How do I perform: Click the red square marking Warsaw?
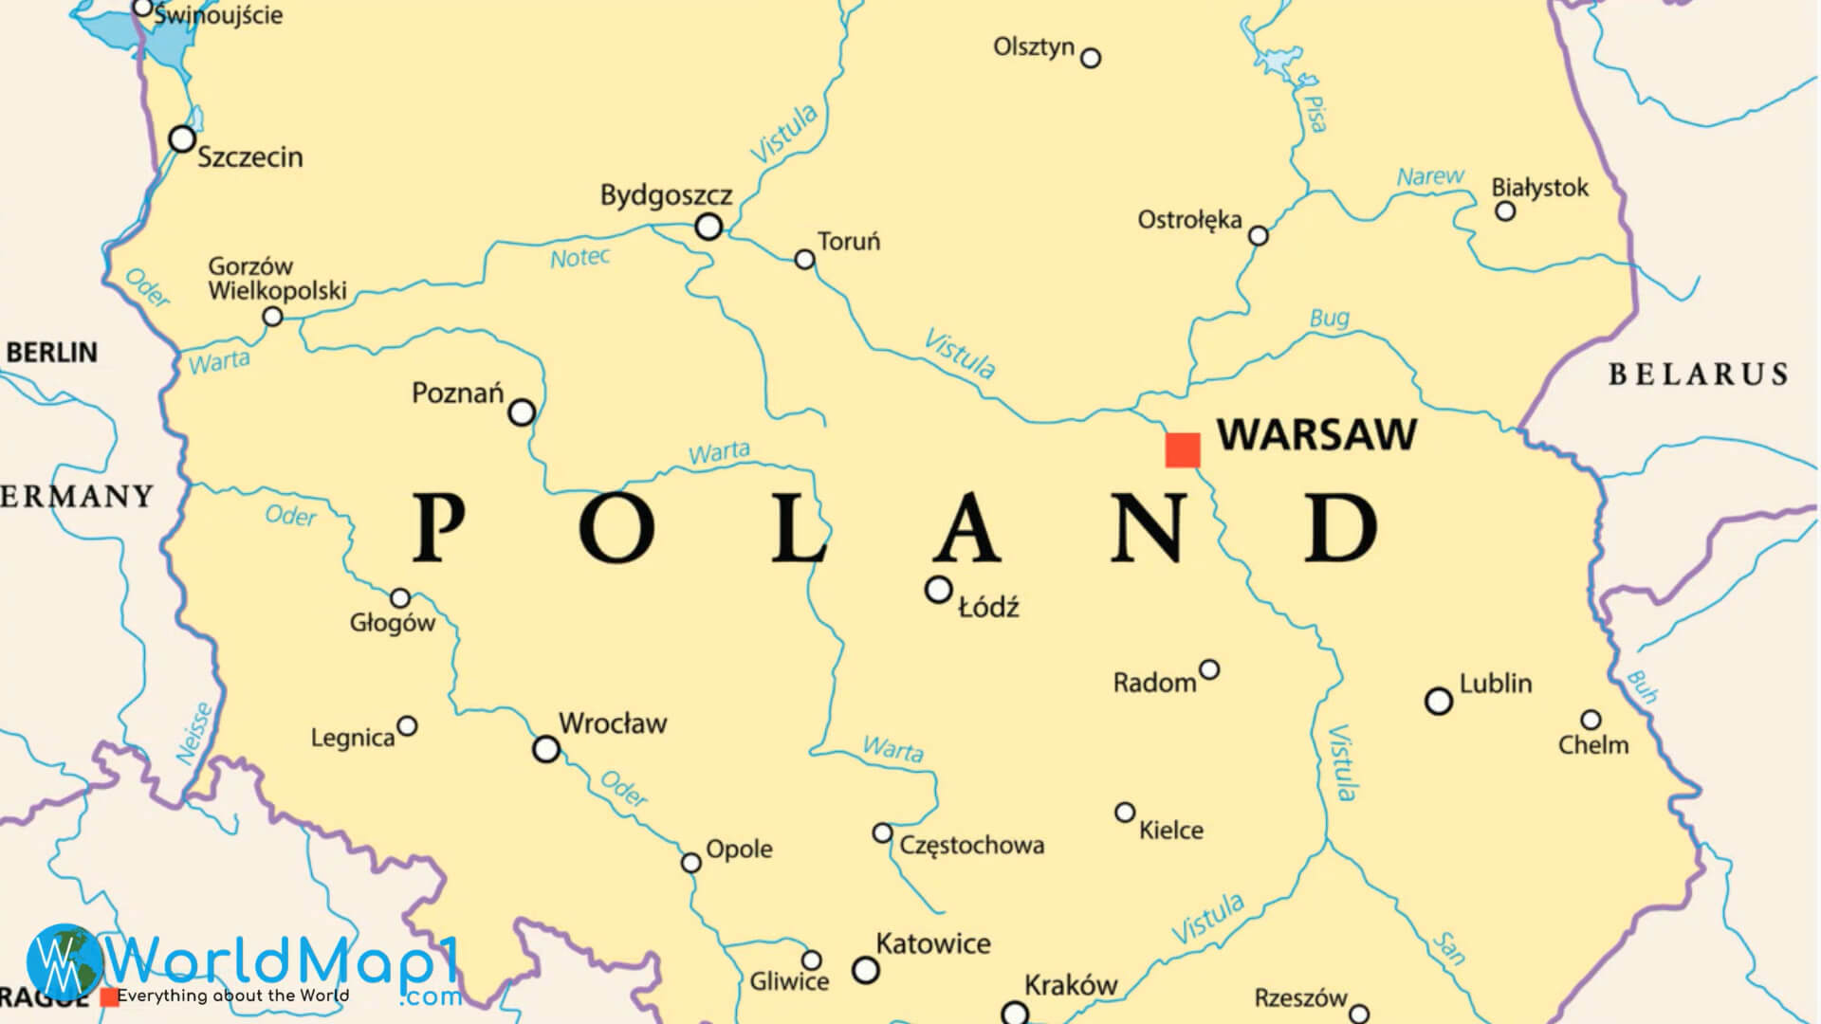(1183, 449)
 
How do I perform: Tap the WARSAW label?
(1316, 434)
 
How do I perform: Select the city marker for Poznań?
(522, 412)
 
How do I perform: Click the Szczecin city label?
(249, 156)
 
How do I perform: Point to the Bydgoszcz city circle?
(708, 227)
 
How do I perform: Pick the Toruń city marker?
(804, 259)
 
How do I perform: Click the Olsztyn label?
(1034, 46)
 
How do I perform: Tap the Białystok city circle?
(1505, 211)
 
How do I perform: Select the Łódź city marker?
(938, 590)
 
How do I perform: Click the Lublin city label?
(1496, 684)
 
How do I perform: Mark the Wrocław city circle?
(546, 749)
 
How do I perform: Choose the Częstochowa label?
(972, 845)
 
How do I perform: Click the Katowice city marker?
(865, 970)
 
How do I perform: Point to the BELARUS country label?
(1698, 375)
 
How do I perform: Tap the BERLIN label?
(52, 353)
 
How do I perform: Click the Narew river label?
(1429, 176)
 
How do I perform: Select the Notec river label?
(579, 258)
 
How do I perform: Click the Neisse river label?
(196, 732)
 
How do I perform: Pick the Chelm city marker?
(1591, 720)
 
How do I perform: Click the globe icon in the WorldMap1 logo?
(63, 961)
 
